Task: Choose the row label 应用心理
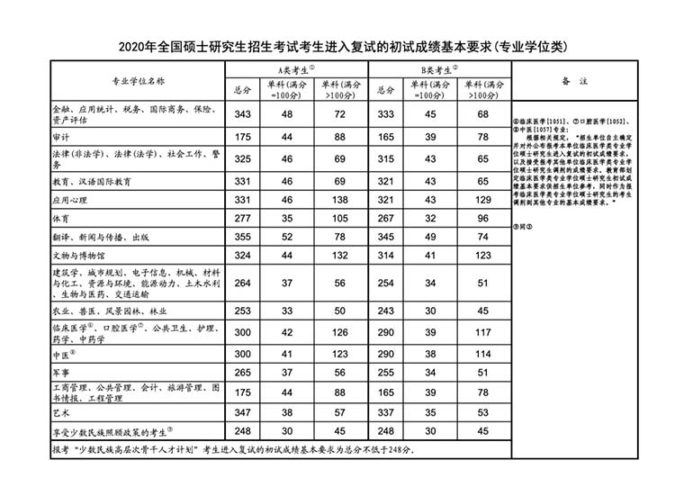67,199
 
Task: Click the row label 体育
60,219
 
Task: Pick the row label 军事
60,370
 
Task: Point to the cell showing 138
340,199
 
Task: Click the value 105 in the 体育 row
340,219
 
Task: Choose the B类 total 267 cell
386,219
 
